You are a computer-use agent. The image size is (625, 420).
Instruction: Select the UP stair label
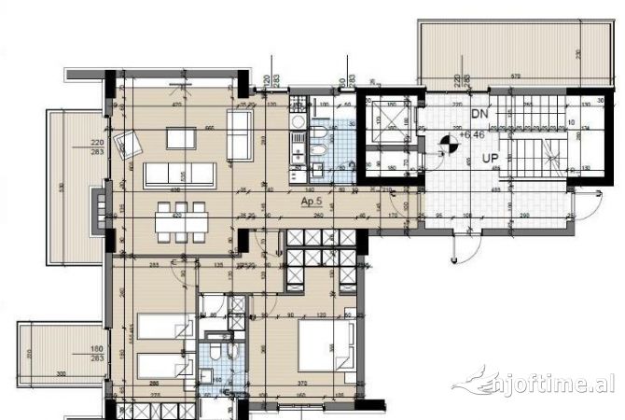pyautogui.click(x=490, y=159)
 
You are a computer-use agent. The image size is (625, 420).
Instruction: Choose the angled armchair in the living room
pyautogui.click(x=127, y=145)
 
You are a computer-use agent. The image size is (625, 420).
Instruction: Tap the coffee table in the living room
pyautogui.click(x=184, y=138)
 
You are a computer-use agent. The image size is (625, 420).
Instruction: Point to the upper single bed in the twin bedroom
pyautogui.click(x=164, y=327)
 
